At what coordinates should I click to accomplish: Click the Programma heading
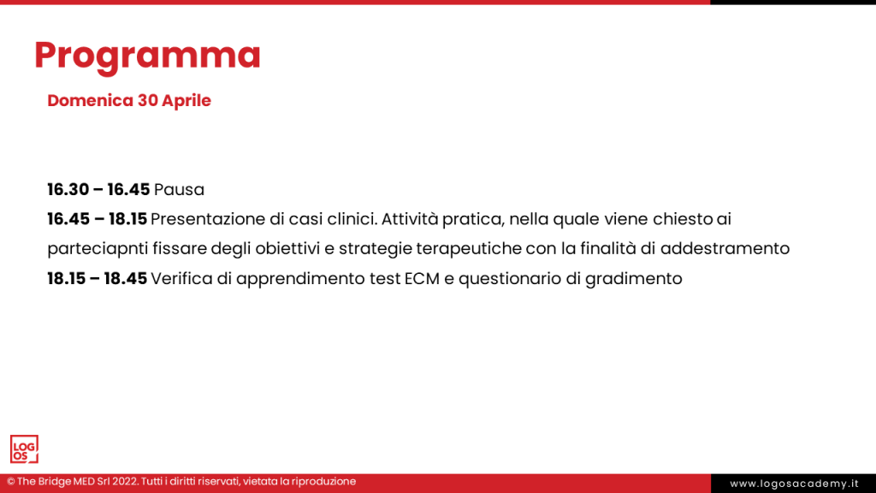point(147,56)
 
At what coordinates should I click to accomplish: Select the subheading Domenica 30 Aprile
point(129,101)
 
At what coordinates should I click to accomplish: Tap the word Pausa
point(179,189)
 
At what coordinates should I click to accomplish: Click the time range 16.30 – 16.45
point(98,189)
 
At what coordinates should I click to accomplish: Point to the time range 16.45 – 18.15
point(98,219)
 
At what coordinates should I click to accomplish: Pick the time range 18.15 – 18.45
point(98,278)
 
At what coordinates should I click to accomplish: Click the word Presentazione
point(208,219)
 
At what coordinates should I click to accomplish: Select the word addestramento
point(725,248)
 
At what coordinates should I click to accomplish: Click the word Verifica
point(181,278)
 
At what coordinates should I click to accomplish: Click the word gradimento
point(634,279)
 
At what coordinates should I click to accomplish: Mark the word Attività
point(410,219)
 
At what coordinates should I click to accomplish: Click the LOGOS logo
point(24,448)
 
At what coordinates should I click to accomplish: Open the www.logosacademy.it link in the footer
point(794,484)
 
